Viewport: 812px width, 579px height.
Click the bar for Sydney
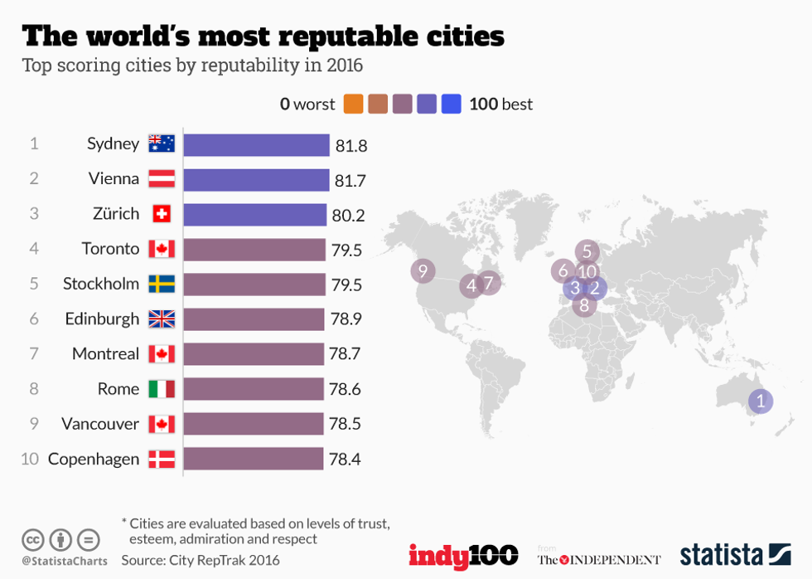[256, 145]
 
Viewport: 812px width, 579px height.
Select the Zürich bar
[254, 215]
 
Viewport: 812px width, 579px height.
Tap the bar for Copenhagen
[253, 459]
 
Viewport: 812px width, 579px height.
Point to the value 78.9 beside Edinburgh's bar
[346, 319]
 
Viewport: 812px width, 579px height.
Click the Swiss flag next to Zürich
[162, 215]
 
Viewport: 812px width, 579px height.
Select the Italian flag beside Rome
[162, 389]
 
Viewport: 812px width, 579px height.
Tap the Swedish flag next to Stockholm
[162, 285]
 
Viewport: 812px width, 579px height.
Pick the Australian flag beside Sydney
[162, 144]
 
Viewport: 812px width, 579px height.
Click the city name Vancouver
[100, 424]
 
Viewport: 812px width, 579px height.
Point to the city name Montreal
[105, 354]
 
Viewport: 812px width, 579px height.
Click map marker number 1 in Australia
[760, 402]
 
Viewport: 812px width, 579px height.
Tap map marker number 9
[423, 270]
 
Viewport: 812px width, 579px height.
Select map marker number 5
[587, 251]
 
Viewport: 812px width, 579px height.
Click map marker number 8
[584, 305]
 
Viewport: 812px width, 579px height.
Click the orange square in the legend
[353, 105]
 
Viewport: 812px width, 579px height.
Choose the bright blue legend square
[452, 105]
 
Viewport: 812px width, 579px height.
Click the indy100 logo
[463, 555]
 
